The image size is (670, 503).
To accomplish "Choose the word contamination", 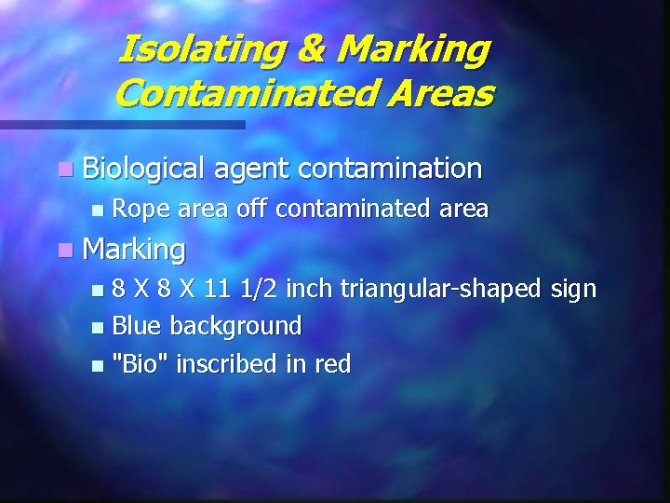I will [391, 169].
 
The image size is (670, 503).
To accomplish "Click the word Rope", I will [142, 210].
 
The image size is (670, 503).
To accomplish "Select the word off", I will [250, 209].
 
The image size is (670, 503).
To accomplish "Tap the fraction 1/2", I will [260, 289].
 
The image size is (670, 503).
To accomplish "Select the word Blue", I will [138, 326].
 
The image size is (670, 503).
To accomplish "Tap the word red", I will [332, 363].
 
